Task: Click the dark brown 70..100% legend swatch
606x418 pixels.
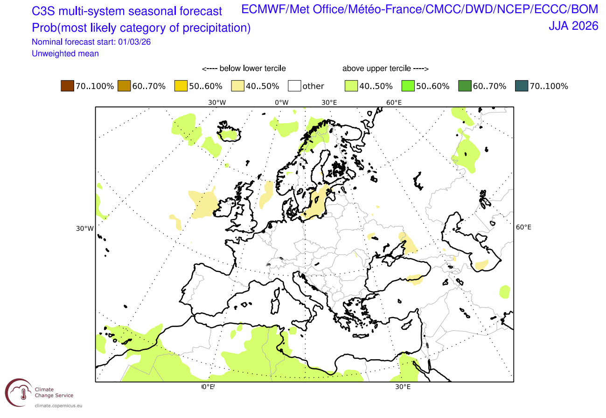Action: coord(67,86)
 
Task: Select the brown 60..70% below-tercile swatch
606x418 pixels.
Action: coord(124,86)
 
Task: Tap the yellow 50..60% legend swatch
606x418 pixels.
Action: coord(181,86)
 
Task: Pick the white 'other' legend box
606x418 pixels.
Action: coord(294,86)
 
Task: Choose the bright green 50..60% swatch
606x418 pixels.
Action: coord(407,86)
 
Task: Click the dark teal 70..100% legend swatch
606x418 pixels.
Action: coord(521,86)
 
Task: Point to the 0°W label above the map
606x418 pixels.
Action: coord(281,103)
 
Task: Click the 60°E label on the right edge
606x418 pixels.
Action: coord(523,227)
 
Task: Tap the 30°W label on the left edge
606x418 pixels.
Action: coord(84,229)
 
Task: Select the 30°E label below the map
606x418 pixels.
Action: coord(403,387)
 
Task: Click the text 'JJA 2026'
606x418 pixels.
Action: coord(573,26)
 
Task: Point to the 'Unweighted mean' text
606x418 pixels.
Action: coord(65,54)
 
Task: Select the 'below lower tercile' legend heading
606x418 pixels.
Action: coord(244,69)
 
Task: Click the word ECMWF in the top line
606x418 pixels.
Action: coord(261,10)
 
